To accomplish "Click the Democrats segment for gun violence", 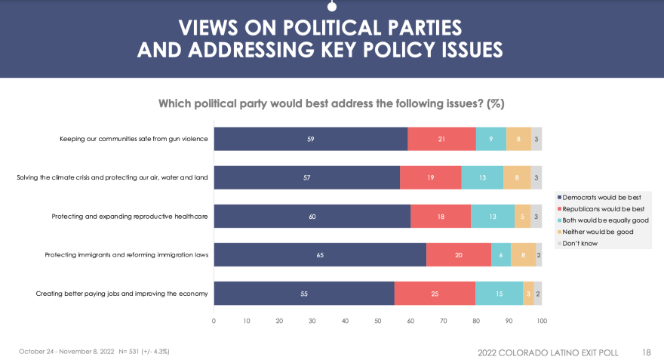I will click(x=310, y=139).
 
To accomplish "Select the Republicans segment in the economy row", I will click(x=435, y=293).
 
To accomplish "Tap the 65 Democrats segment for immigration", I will click(x=320, y=254).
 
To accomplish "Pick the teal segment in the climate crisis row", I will click(x=482, y=177).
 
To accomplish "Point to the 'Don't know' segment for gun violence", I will click(x=536, y=139).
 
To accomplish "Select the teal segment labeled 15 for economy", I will click(x=499, y=293).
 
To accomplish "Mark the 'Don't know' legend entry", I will click(x=581, y=244).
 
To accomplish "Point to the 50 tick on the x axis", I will click(x=378, y=321).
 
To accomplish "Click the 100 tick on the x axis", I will click(x=541, y=321).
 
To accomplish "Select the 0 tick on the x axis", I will click(x=214, y=321).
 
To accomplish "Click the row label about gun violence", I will click(x=134, y=139).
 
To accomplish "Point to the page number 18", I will click(x=646, y=352).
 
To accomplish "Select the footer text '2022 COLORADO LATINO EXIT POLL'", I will click(x=553, y=352).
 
